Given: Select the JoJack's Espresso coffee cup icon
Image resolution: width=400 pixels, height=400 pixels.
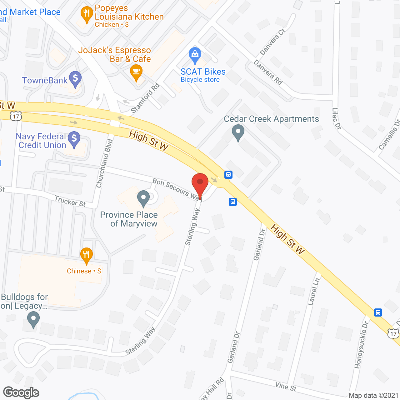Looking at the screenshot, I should [136, 72].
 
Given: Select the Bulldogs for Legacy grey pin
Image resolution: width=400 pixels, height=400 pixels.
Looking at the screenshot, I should [33, 320].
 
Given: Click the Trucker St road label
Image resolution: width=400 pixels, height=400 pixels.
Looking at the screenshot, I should [70, 201].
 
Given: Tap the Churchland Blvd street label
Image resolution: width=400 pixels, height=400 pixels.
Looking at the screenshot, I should [104, 163].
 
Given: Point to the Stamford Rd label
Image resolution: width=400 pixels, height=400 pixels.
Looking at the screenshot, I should [145, 98].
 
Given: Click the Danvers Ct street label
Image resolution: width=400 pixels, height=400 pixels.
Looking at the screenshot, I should [272, 42].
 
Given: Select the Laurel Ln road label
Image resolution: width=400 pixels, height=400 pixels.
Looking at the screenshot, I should [314, 291].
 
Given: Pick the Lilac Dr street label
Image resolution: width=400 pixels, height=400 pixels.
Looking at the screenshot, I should [336, 118].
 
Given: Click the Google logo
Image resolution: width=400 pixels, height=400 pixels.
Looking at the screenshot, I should [21, 392].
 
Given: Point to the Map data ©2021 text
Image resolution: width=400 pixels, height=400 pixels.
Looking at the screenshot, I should [373, 396].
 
